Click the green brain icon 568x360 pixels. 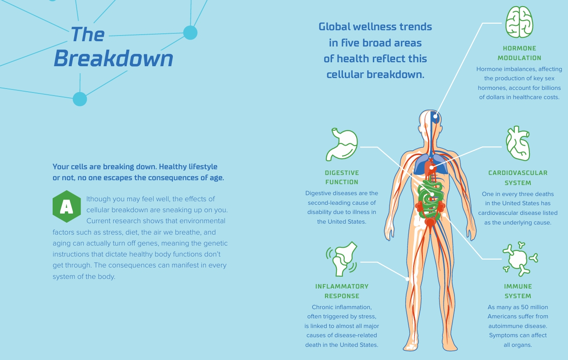(x=519, y=22)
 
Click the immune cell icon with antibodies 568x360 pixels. (x=520, y=259)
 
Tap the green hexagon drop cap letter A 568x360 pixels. (x=67, y=207)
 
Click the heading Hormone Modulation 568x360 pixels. (x=519, y=53)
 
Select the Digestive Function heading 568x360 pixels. (x=342, y=177)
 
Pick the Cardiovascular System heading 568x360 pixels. (x=518, y=178)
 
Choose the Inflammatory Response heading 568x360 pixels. (x=342, y=291)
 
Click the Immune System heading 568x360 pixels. (x=518, y=291)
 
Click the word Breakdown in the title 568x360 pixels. (x=113, y=58)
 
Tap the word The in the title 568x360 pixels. (x=87, y=34)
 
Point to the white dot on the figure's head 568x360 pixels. (x=435, y=116)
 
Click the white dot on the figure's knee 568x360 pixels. (x=407, y=279)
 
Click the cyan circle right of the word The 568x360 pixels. (x=190, y=33)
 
